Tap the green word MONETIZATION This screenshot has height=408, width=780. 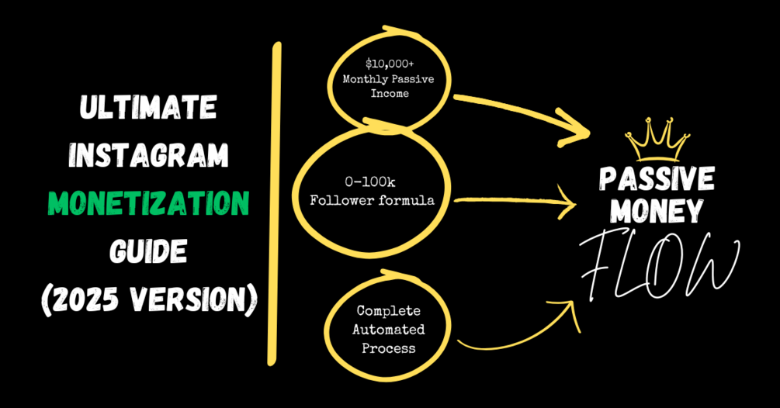pos(147,203)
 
